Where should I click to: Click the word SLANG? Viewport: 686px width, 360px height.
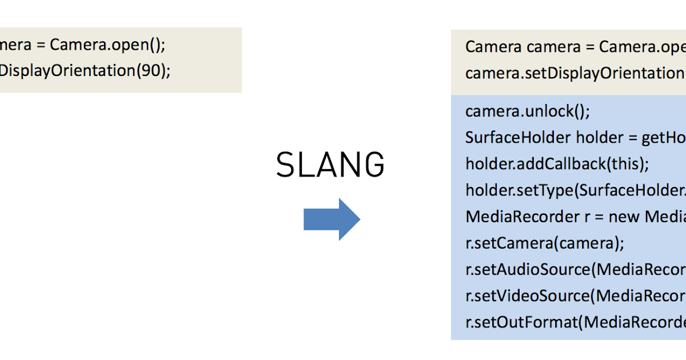(330, 166)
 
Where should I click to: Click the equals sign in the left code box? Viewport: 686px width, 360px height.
(42, 45)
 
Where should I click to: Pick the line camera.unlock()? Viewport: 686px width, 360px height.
(527, 111)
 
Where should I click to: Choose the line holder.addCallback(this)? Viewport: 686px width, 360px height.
(557, 164)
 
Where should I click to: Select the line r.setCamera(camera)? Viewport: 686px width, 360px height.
(544, 243)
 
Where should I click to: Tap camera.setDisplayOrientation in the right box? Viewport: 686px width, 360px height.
(572, 73)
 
